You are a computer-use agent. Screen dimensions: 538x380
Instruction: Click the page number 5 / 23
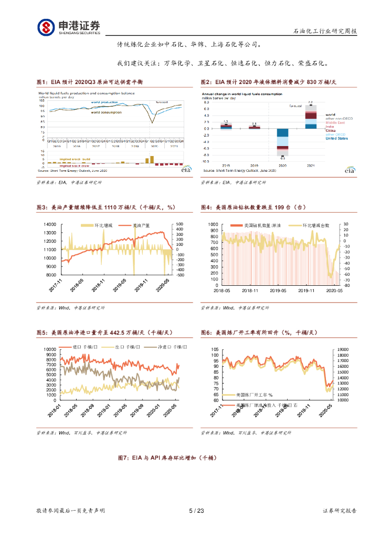click(x=196, y=511)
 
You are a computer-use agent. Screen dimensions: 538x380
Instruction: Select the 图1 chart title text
click(x=90, y=82)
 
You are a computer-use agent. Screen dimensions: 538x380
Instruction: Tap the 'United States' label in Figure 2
click(x=336, y=138)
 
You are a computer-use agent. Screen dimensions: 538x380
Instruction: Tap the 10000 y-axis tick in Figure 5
click(x=49, y=349)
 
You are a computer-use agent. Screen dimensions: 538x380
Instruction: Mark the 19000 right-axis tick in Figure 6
click(x=343, y=349)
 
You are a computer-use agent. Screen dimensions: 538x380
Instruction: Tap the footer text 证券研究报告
click(x=340, y=511)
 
